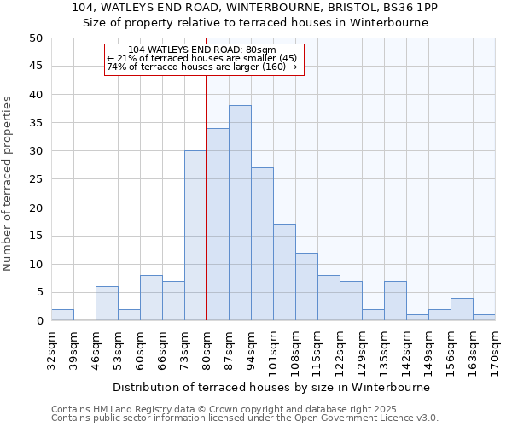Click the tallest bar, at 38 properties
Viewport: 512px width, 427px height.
[240, 213]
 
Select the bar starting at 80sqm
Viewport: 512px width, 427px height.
[218, 225]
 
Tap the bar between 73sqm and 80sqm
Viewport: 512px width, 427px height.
[195, 236]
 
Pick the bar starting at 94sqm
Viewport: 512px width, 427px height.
[262, 244]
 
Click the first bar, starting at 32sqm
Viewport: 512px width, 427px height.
[62, 315]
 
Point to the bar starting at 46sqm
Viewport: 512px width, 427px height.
[107, 304]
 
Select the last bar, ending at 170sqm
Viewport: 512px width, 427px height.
[484, 318]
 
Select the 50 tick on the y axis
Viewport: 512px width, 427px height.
[35, 38]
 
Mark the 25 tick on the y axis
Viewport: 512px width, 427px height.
[35, 179]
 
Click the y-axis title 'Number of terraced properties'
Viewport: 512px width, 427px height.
[8, 183]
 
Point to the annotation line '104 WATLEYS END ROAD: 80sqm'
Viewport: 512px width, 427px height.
[202, 50]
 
